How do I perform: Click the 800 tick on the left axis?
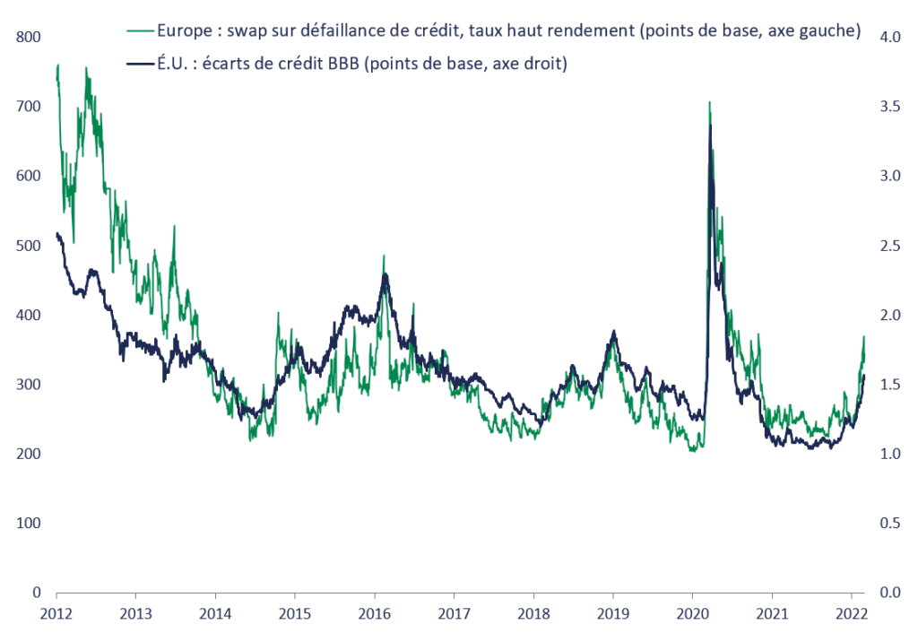(29, 38)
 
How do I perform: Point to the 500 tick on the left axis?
(29, 246)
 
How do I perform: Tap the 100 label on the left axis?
(29, 523)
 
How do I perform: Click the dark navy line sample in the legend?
(138, 64)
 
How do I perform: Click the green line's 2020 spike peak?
(709, 102)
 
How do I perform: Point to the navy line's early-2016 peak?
(385, 274)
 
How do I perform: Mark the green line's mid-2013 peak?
(173, 226)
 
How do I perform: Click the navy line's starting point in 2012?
(56, 233)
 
